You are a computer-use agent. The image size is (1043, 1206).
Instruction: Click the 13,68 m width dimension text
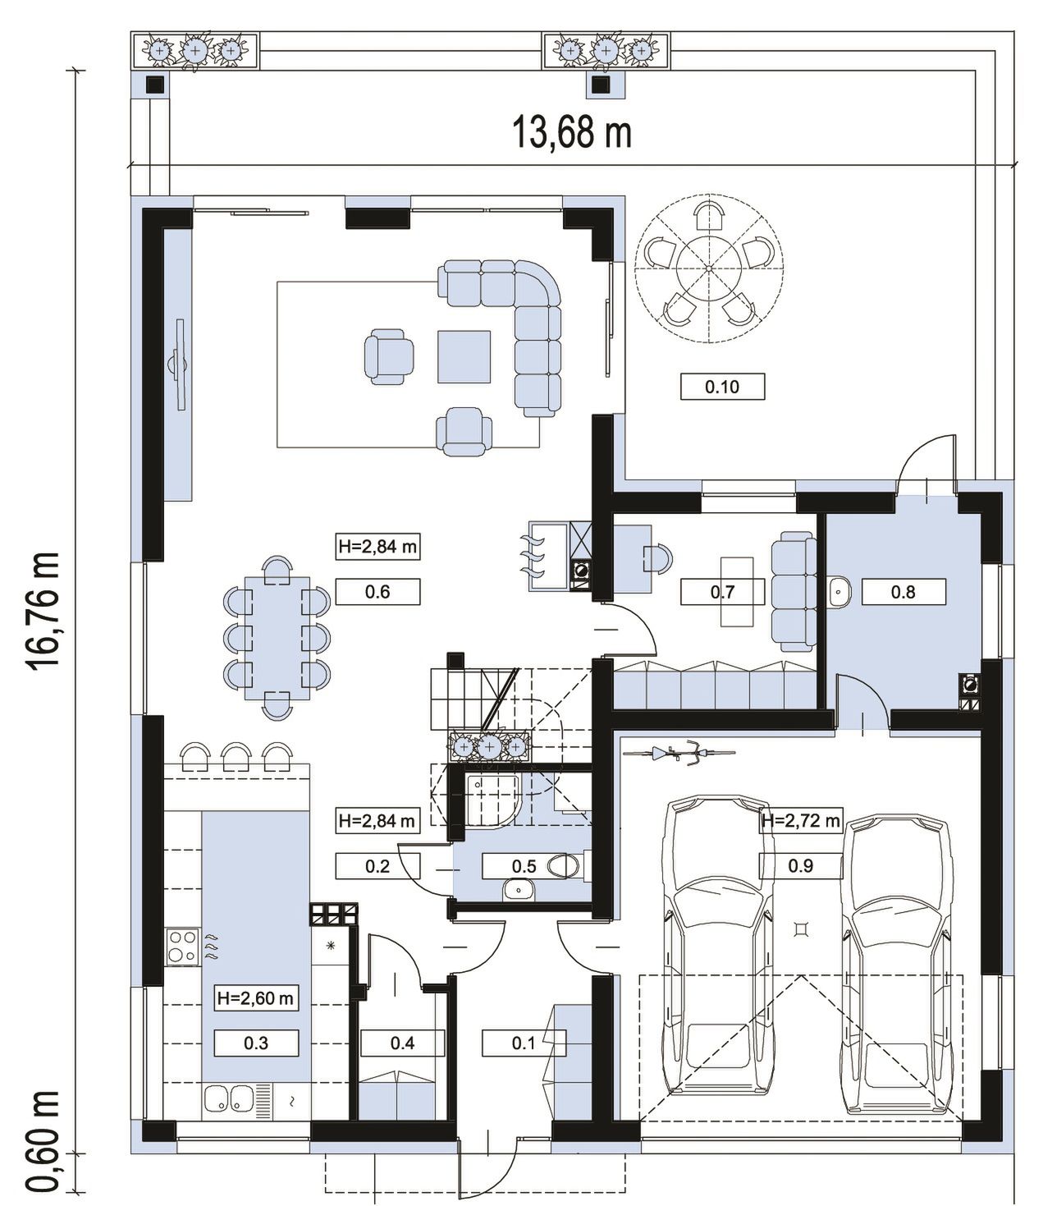pyautogui.click(x=572, y=132)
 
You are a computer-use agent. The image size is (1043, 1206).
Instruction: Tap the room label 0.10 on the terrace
pyautogui.click(x=722, y=386)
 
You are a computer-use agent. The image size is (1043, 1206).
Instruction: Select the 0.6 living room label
pyautogui.click(x=377, y=592)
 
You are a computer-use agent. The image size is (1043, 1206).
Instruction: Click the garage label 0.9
pyautogui.click(x=800, y=865)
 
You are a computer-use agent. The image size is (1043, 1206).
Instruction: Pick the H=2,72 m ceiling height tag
pyautogui.click(x=800, y=821)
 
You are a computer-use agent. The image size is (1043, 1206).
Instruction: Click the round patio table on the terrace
pyautogui.click(x=709, y=268)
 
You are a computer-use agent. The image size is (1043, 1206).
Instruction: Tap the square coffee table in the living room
pyautogui.click(x=464, y=356)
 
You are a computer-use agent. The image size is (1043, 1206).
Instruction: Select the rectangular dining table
pyautogui.click(x=277, y=638)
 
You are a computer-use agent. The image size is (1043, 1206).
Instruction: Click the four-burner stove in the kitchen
pyautogui.click(x=182, y=947)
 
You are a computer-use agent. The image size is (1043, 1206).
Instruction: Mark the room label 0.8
pyautogui.click(x=903, y=592)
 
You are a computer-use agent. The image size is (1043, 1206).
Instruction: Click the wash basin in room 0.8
pyautogui.click(x=839, y=592)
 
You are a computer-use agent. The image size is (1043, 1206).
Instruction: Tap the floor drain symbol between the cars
pyautogui.click(x=801, y=929)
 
